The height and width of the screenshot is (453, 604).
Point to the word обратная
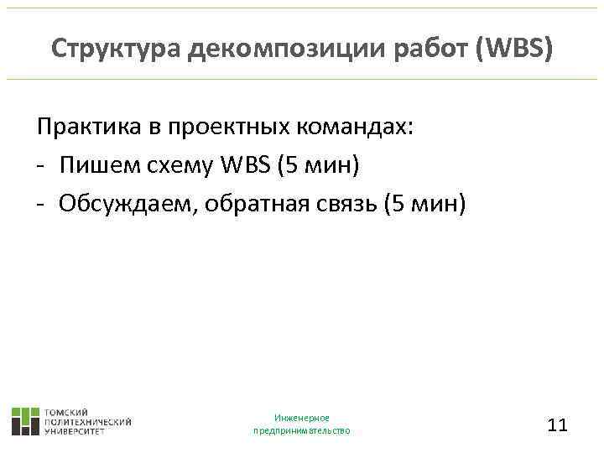247,202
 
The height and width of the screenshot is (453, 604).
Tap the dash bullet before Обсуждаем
40,203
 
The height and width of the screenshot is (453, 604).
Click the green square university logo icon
25,420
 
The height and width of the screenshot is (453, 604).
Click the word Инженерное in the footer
302,417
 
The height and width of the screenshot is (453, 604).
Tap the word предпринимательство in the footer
302,430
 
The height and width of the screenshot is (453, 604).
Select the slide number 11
557,424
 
